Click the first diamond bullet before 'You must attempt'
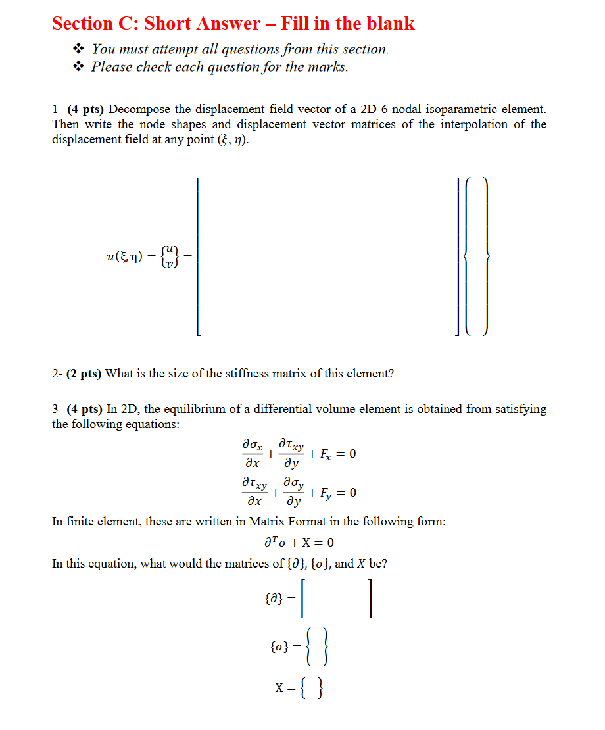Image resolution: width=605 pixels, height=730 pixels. pos(79,49)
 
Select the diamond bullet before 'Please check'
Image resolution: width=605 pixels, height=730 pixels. pos(79,66)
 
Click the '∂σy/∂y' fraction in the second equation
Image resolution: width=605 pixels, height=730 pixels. pos(294,493)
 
